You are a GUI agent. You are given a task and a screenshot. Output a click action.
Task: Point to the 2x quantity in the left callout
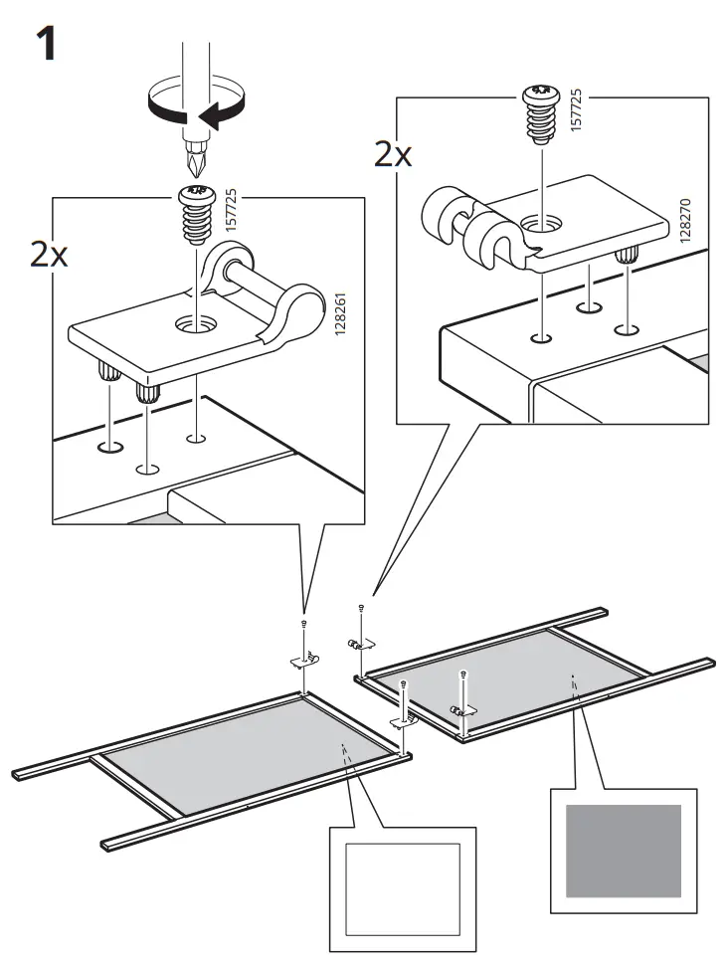(x=50, y=256)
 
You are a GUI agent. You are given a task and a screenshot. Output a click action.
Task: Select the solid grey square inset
(x=624, y=850)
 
